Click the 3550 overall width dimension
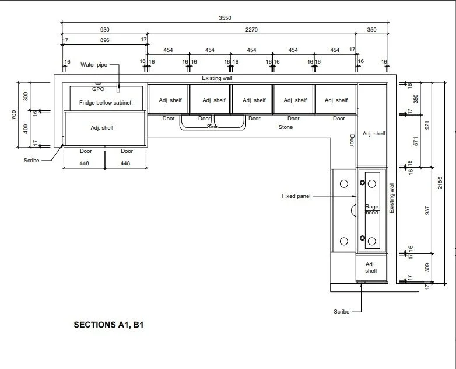point(225,18)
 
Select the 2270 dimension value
point(251,29)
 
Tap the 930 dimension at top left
point(105,29)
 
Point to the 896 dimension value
point(105,40)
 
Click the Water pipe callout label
point(94,65)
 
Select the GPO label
point(99,89)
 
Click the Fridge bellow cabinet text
point(106,103)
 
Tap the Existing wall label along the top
point(218,78)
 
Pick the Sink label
point(212,126)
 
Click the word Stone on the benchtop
point(286,127)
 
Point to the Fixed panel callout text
point(296,196)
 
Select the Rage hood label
point(371,210)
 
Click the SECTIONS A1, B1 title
point(109,325)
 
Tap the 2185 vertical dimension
point(440,183)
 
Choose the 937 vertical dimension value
point(427,210)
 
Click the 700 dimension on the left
point(14,114)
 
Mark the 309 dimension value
point(427,267)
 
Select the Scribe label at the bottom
point(342,312)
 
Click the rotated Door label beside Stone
point(352,141)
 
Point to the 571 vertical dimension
point(416,141)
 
